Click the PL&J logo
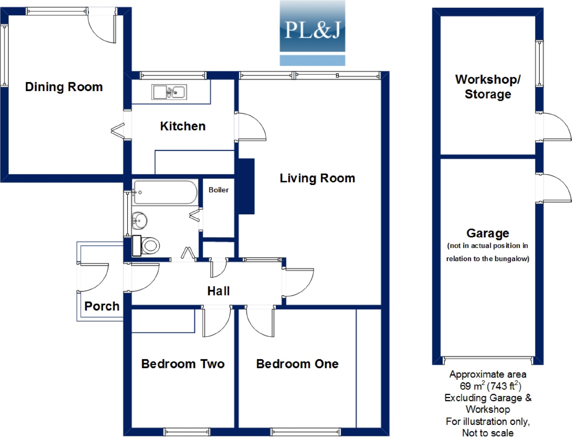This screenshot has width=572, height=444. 312,33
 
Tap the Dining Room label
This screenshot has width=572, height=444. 64,87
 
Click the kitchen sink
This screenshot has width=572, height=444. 169,92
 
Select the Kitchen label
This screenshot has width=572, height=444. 183,126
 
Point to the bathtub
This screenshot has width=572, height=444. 165,192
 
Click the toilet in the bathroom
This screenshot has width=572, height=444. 146,245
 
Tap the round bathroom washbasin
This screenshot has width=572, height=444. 139,220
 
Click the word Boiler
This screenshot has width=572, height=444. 219,190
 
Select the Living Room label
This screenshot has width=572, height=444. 317,179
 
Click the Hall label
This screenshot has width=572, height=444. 218,291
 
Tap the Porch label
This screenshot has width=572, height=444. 102,306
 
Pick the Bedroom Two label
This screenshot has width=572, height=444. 183,364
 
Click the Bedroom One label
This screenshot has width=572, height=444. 297,364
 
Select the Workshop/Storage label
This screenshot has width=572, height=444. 488,87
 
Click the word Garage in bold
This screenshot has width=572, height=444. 488,233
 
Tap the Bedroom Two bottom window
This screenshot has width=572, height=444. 187,432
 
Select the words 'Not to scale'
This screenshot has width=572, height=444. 488,433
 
